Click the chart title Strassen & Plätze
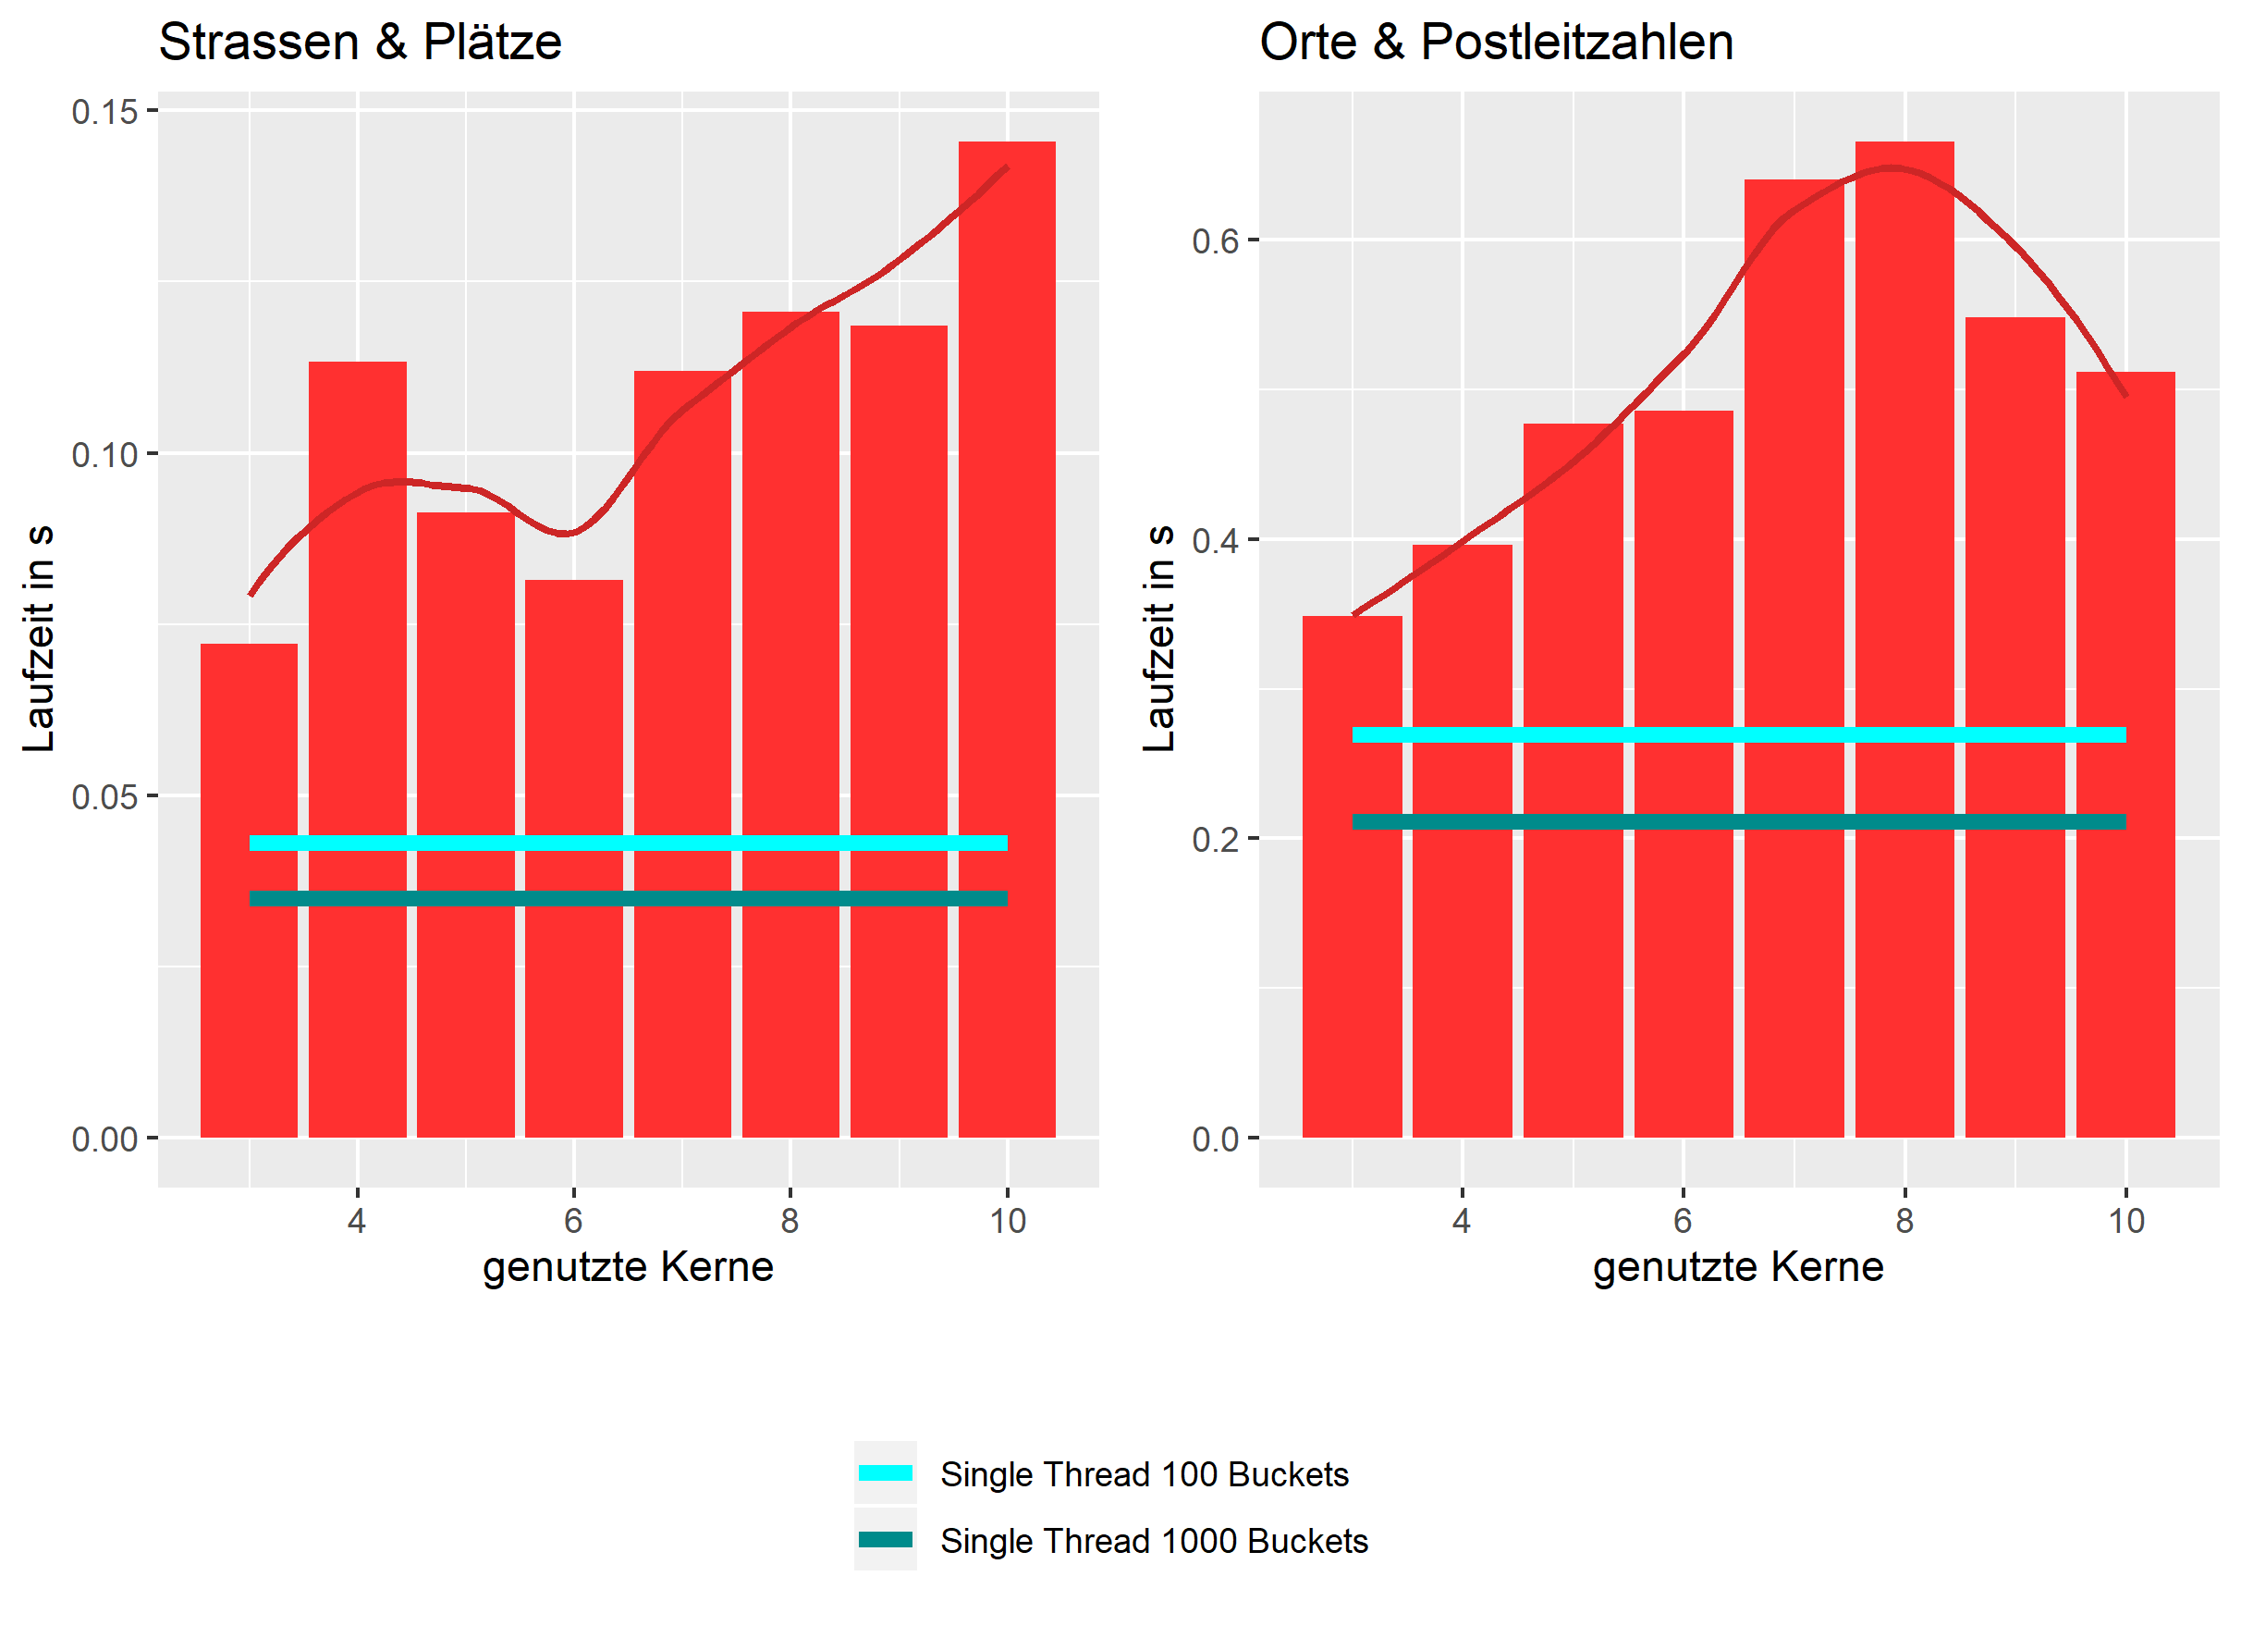(x=360, y=43)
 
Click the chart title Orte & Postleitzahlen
(x=1495, y=43)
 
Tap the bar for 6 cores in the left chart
(x=574, y=991)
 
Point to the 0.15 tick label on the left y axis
(x=104, y=112)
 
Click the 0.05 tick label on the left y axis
(x=104, y=797)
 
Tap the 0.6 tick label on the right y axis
(x=1215, y=241)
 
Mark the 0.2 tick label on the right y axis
(x=1215, y=840)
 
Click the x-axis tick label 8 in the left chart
(x=789, y=1221)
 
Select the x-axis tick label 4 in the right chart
(x=1461, y=1221)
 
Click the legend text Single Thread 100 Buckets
(x=1144, y=1474)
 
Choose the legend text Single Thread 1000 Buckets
(x=1154, y=1541)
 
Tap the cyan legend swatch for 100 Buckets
(x=885, y=1472)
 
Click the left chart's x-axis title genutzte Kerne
(x=628, y=1267)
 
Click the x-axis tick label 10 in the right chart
(x=2125, y=1221)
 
